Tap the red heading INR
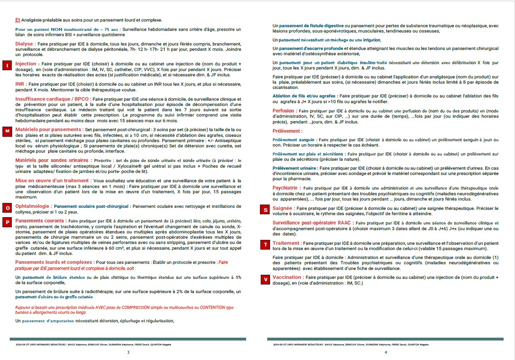[21, 84]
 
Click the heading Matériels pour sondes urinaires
[52, 160]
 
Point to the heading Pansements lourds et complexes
[54, 262]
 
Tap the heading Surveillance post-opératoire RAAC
[313, 223]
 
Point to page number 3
[128, 352]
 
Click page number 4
[386, 352]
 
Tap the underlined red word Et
[17, 20]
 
